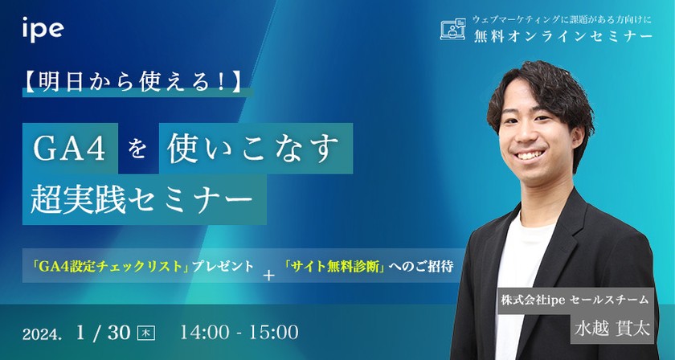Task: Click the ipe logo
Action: (x=43, y=30)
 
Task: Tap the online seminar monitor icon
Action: (x=453, y=30)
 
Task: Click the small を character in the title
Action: (x=138, y=149)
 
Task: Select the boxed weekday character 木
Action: (x=145, y=332)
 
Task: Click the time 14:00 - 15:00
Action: (x=239, y=331)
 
